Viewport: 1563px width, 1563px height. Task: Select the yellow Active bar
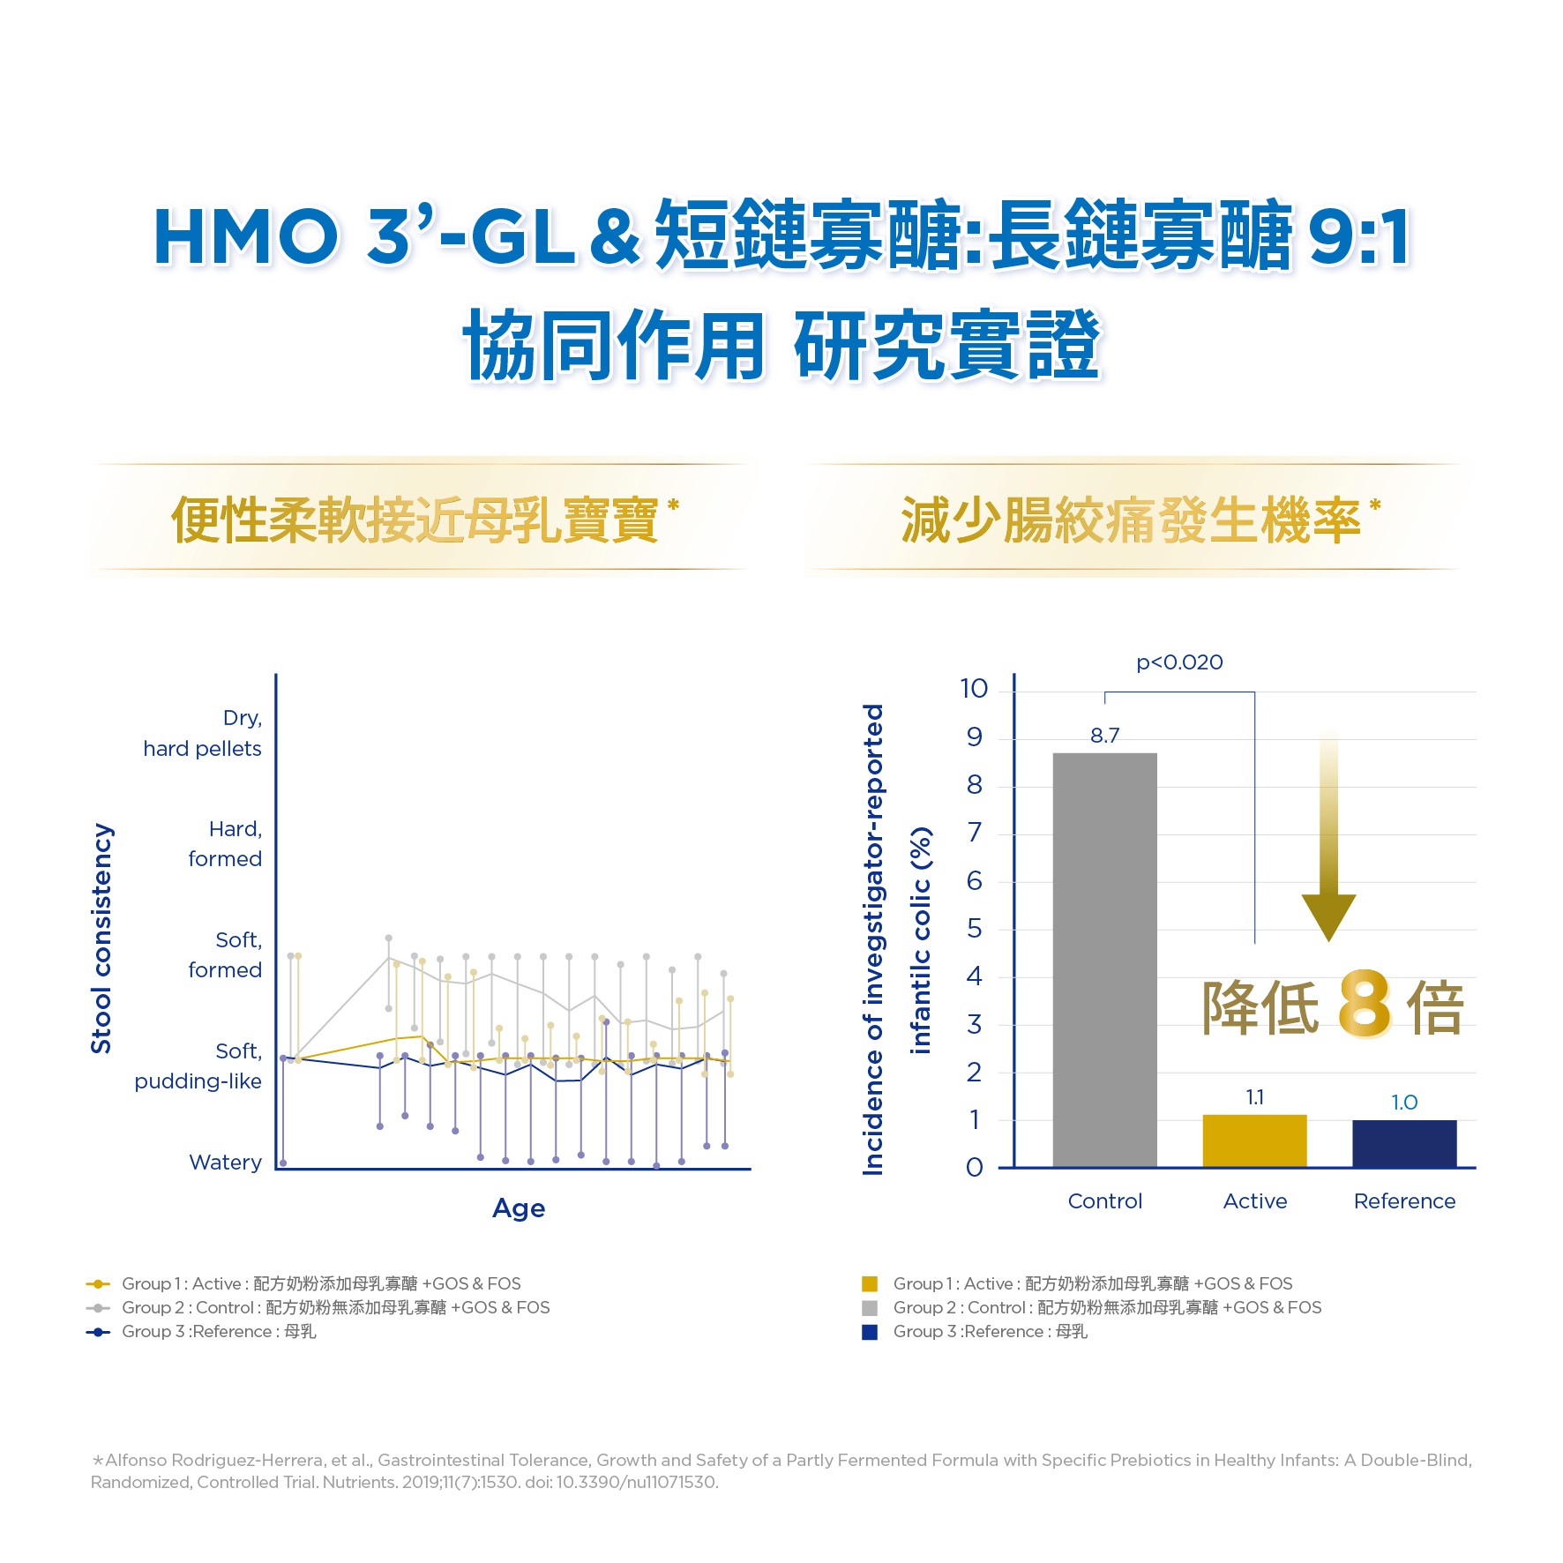point(1254,1140)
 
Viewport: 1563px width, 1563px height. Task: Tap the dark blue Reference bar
point(1404,1143)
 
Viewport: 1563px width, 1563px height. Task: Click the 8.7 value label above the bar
point(1104,736)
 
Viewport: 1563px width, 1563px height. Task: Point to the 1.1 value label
point(1254,1097)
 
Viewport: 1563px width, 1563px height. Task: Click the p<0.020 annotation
point(1179,662)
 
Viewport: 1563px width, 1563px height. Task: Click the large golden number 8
point(1364,1006)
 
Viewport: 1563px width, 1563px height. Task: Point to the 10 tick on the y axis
point(974,688)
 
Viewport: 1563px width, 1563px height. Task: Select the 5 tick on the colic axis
point(974,928)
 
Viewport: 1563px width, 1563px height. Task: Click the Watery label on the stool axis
point(225,1163)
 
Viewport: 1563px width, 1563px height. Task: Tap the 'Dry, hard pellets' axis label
point(203,733)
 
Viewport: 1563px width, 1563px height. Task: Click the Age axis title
point(519,1208)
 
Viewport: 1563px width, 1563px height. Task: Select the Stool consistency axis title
point(101,939)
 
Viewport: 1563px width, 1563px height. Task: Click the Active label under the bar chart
point(1254,1201)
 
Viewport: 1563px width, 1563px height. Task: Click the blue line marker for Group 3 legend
point(98,1332)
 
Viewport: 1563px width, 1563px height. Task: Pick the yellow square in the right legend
point(870,1284)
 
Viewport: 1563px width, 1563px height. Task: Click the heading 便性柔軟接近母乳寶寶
point(415,520)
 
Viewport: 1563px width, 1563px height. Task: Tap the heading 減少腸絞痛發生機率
point(1131,520)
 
